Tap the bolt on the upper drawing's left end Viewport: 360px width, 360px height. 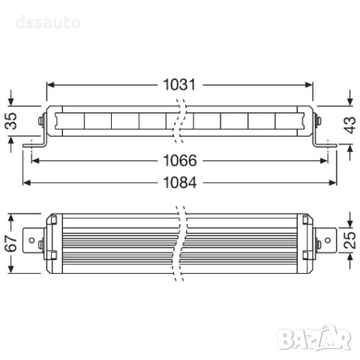point(39,121)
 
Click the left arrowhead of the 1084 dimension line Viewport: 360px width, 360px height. point(25,181)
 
